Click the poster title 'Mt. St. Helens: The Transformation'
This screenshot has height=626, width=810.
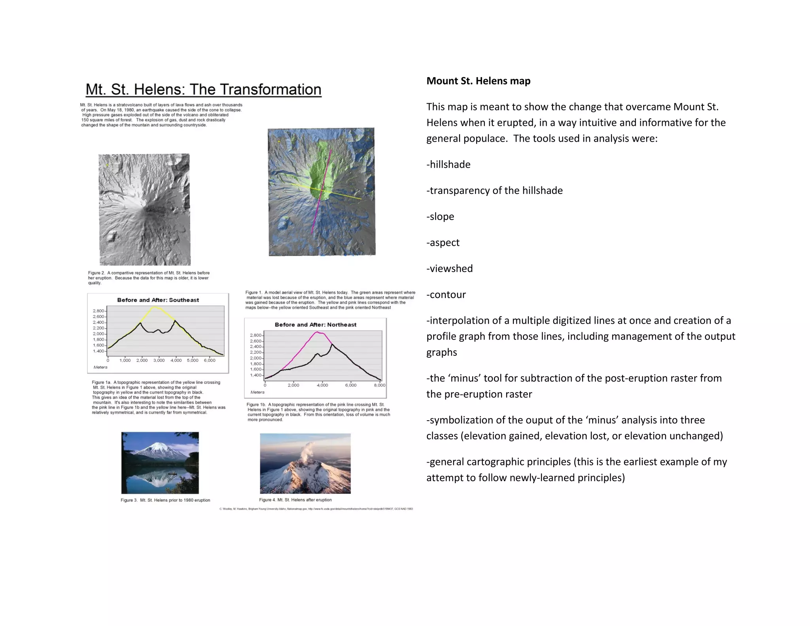tap(203, 89)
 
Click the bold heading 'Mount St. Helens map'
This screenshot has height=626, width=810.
tap(478, 81)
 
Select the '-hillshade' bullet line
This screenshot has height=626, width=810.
tap(448, 164)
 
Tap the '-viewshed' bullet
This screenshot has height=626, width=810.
tap(449, 268)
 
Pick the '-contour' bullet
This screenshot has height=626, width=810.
tap(446, 294)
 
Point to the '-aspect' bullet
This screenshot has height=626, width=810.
tap(443, 242)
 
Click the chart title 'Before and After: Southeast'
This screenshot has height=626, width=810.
tap(158, 300)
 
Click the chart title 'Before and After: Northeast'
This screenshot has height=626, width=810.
tap(315, 324)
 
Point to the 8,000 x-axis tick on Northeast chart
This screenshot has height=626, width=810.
tap(379, 385)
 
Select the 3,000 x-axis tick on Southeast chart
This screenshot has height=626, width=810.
tap(159, 360)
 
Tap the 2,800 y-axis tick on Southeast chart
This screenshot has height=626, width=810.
tap(98, 311)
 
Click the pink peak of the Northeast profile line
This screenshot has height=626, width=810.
tap(318, 332)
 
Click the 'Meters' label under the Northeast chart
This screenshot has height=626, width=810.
tap(257, 392)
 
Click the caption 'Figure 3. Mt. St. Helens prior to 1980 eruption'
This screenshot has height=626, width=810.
tap(165, 500)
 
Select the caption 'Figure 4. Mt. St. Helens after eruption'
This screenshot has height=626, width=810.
tap(295, 500)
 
